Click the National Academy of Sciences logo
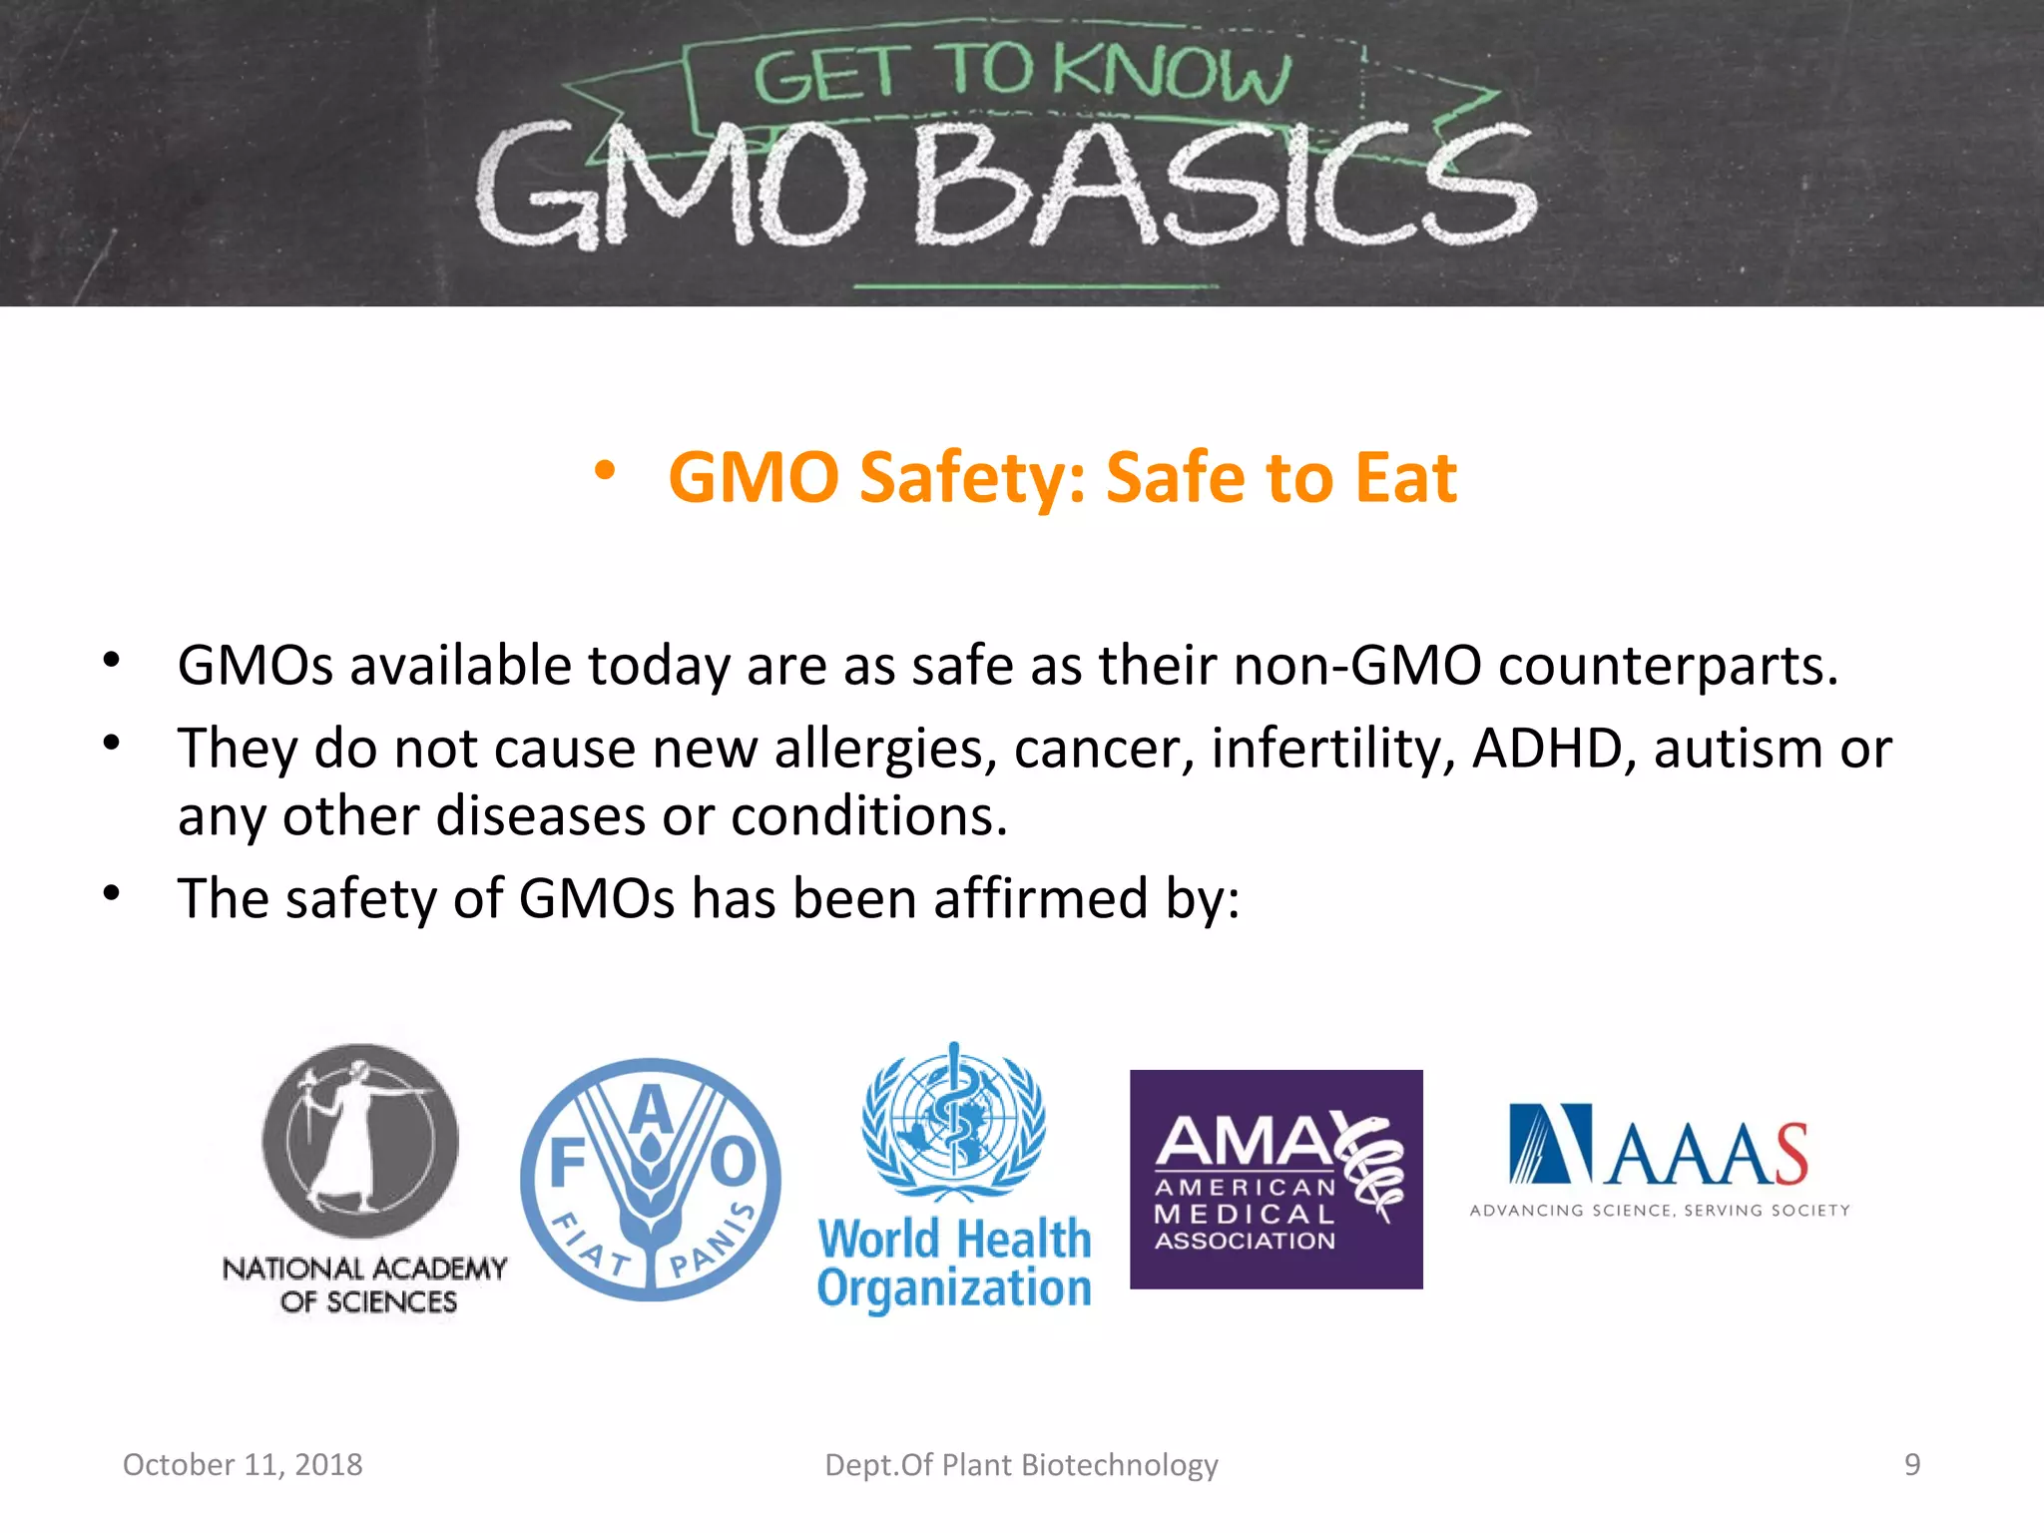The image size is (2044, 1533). (363, 1178)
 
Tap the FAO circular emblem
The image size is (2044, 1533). (651, 1180)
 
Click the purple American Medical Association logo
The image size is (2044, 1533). (1276, 1179)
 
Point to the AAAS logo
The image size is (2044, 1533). (1659, 1148)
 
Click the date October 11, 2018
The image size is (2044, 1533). (243, 1464)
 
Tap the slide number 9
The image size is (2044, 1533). (1911, 1464)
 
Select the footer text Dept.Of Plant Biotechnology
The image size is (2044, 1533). (1021, 1464)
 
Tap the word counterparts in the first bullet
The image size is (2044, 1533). (1667, 665)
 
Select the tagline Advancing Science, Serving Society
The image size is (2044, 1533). (1660, 1211)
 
